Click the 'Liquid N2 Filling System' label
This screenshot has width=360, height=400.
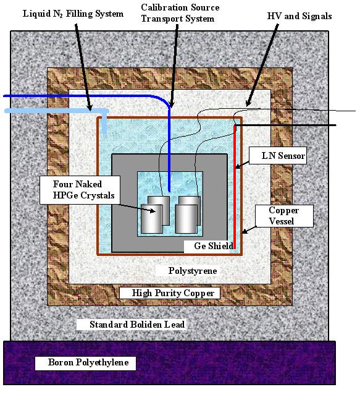coord(73,14)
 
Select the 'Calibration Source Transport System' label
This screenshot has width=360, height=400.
coord(180,13)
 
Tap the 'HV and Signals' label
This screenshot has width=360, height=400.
coord(299,16)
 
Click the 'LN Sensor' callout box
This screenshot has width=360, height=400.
coord(278,155)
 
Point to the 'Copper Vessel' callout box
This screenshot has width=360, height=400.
coord(284,216)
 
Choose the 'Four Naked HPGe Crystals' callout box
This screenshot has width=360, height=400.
coord(80,190)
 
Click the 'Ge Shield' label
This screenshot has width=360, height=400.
coord(214,246)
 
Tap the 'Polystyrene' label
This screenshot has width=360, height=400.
coord(193,271)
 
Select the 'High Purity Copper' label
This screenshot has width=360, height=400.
coord(173,293)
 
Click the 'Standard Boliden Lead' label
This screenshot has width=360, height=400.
coord(137,325)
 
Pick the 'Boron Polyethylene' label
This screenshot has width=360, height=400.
coord(88,362)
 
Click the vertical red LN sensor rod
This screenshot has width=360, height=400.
coord(235,187)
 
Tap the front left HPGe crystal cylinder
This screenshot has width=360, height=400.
coord(152,219)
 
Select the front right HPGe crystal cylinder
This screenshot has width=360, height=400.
coord(186,219)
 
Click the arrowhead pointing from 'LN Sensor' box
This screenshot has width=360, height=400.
coord(238,167)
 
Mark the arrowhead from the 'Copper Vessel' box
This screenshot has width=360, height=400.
coord(244,231)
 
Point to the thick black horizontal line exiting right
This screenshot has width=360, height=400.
coord(285,125)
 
